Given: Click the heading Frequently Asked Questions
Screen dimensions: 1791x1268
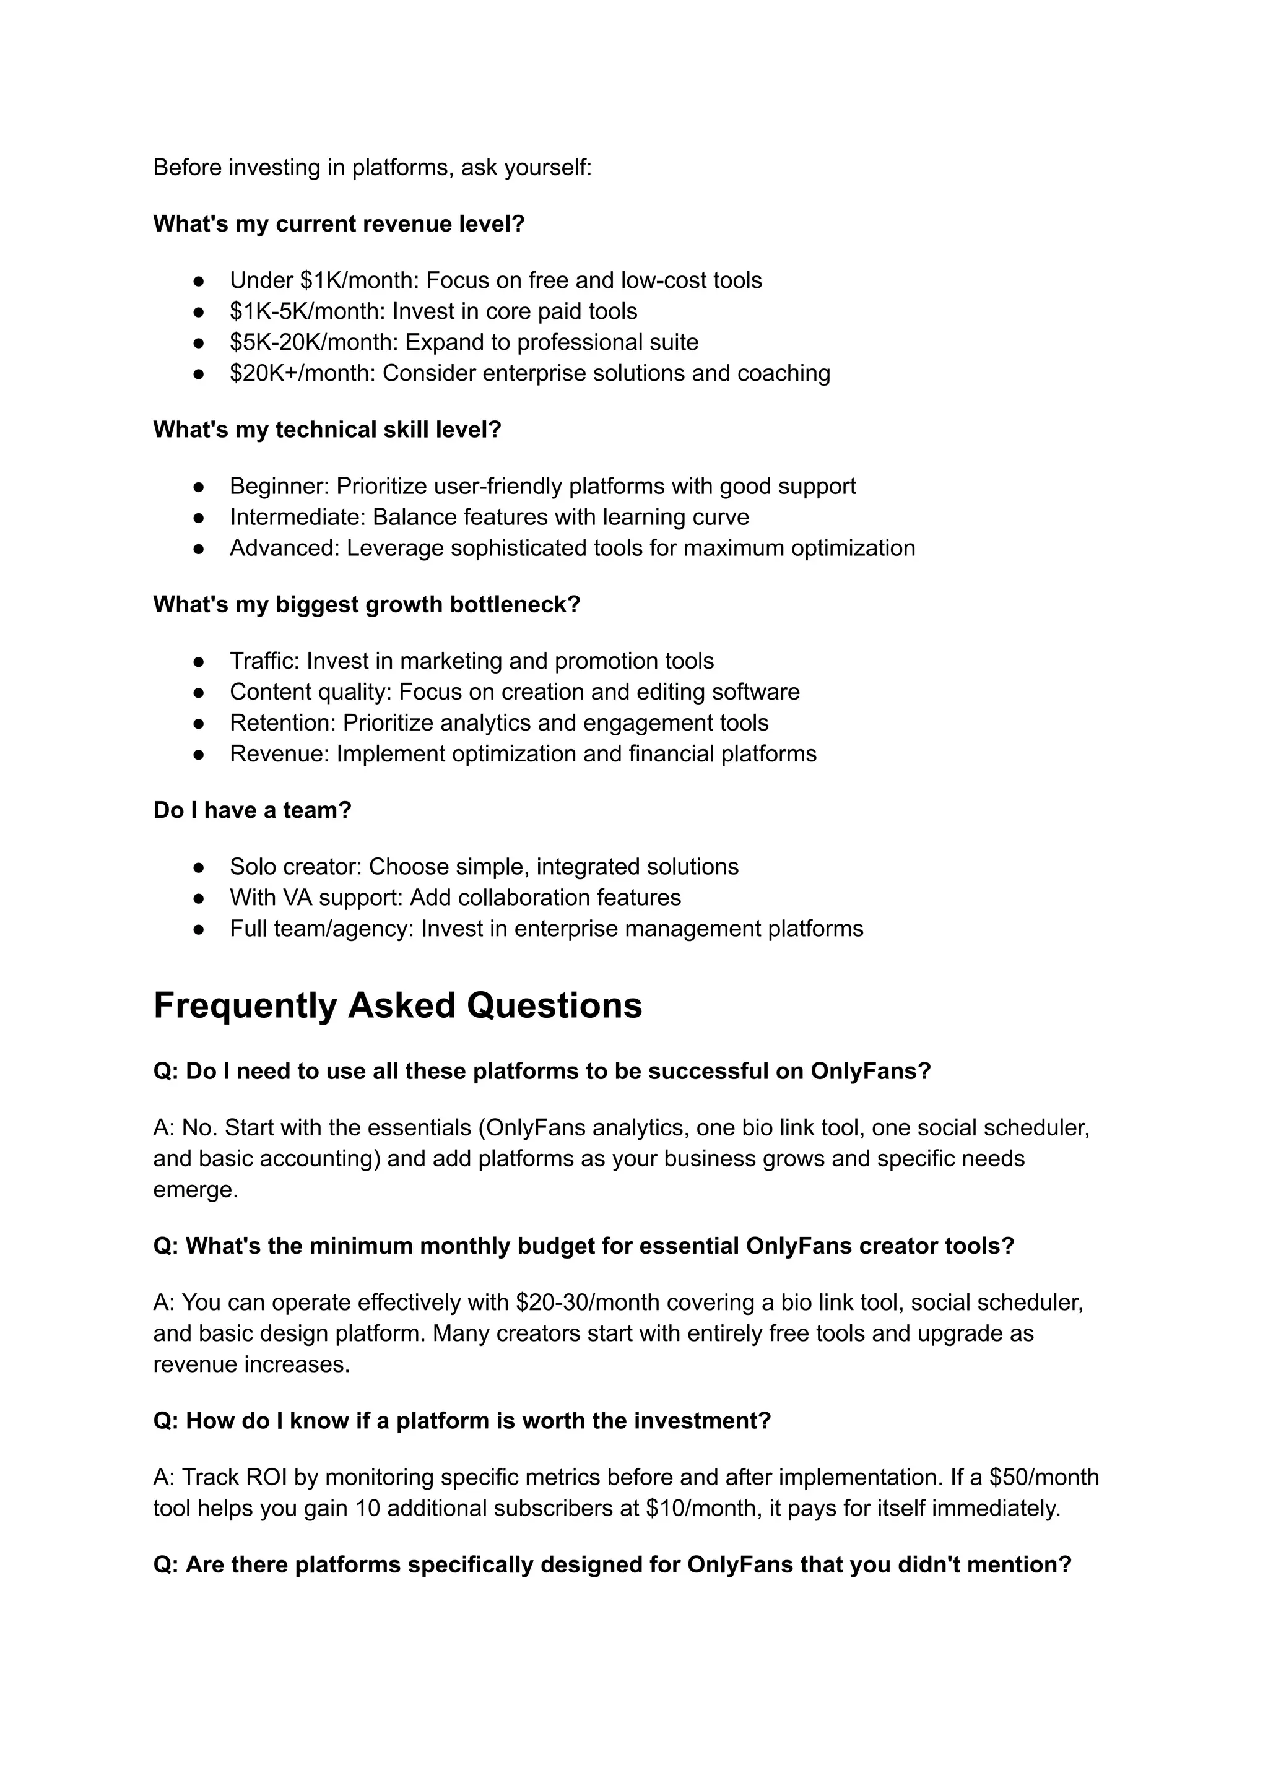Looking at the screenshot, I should pos(397,1005).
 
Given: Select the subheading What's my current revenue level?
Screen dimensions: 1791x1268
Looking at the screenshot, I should pos(339,224).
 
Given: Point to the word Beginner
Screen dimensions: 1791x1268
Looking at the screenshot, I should pos(279,487).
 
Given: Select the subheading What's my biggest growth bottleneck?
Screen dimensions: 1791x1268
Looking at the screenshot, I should pos(367,604).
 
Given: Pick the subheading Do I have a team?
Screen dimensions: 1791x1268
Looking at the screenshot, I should pos(252,810).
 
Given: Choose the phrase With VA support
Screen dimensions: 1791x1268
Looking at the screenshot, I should pos(315,898).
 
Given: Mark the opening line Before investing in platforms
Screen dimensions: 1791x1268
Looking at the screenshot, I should pos(373,168).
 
